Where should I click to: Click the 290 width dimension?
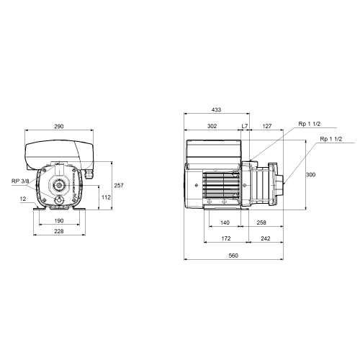[59, 126]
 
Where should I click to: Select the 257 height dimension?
[119, 185]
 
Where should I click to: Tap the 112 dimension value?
[106, 197]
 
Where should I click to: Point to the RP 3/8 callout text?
[20, 181]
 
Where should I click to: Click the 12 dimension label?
[23, 199]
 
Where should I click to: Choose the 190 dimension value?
[59, 220]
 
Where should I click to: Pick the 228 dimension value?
[59, 231]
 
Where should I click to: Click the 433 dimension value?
[216, 109]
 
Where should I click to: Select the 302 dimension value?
[212, 126]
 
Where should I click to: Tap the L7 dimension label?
[245, 126]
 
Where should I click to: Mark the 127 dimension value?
[267, 126]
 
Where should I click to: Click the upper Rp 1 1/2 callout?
[310, 124]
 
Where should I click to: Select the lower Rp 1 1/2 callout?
[331, 139]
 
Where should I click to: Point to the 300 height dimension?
[310, 174]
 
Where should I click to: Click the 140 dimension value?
[225, 222]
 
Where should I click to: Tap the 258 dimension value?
[261, 222]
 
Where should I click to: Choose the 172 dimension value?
[226, 238]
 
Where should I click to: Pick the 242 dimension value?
[265, 238]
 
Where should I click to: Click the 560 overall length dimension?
[233, 256]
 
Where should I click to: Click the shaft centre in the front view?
[58, 185]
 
